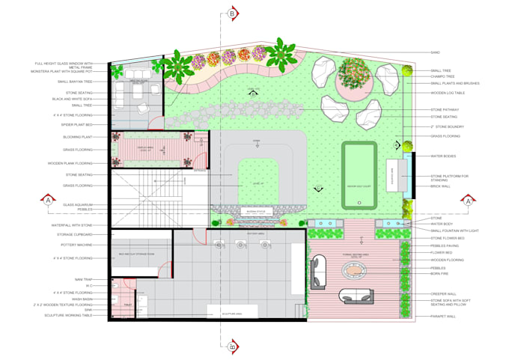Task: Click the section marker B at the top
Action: (x=233, y=13)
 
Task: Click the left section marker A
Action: (x=49, y=201)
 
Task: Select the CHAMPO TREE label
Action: (x=442, y=76)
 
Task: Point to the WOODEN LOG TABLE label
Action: (x=448, y=94)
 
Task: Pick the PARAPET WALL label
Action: (x=444, y=317)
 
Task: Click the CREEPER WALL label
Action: (x=442, y=293)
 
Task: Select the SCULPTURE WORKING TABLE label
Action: (x=67, y=315)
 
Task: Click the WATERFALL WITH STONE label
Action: (x=72, y=225)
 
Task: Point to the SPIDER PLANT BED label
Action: (x=76, y=124)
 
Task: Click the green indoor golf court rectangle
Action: (x=359, y=176)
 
